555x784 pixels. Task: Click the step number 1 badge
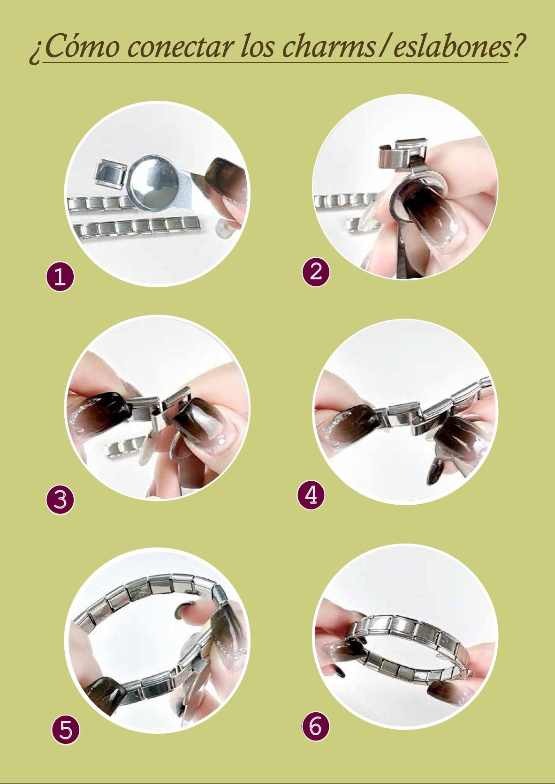pyautogui.click(x=60, y=277)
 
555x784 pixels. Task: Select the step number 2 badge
pyautogui.click(x=316, y=272)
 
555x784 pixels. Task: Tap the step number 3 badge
pyautogui.click(x=60, y=500)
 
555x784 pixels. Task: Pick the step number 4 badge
pyautogui.click(x=311, y=495)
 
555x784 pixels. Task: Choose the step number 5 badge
pyautogui.click(x=65, y=730)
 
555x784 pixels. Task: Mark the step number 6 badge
pyautogui.click(x=315, y=727)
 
